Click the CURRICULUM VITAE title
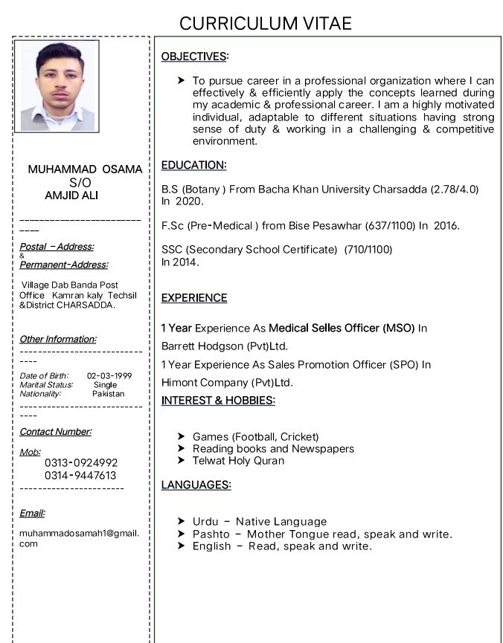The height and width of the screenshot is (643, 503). click(266, 23)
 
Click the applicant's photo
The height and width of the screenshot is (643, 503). click(57, 85)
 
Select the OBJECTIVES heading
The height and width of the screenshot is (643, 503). click(194, 56)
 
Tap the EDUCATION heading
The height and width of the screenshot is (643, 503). click(193, 164)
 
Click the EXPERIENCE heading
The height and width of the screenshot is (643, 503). click(194, 297)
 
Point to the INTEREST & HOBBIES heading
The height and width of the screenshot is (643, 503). click(218, 401)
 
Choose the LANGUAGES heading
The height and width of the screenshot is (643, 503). click(196, 485)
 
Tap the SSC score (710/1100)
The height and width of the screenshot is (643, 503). click(368, 249)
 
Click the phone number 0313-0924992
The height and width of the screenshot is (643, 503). click(80, 463)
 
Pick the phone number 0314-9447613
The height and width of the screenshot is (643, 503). click(80, 475)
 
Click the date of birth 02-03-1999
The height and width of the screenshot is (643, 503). click(109, 375)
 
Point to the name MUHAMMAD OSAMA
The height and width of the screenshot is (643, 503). click(85, 169)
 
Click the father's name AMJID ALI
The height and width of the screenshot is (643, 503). click(71, 195)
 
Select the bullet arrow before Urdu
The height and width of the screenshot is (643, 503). click(182, 522)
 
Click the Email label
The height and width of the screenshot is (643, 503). click(32, 513)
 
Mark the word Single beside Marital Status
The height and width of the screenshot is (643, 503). click(105, 384)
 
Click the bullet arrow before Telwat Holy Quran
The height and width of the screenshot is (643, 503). click(182, 461)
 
